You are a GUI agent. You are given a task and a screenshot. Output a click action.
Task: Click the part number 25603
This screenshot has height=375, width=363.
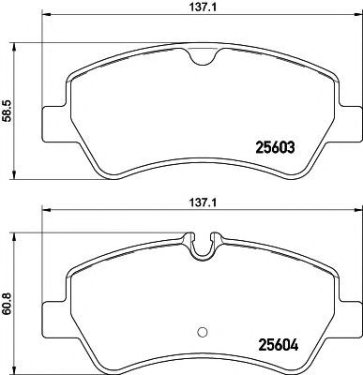tap(278, 146)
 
